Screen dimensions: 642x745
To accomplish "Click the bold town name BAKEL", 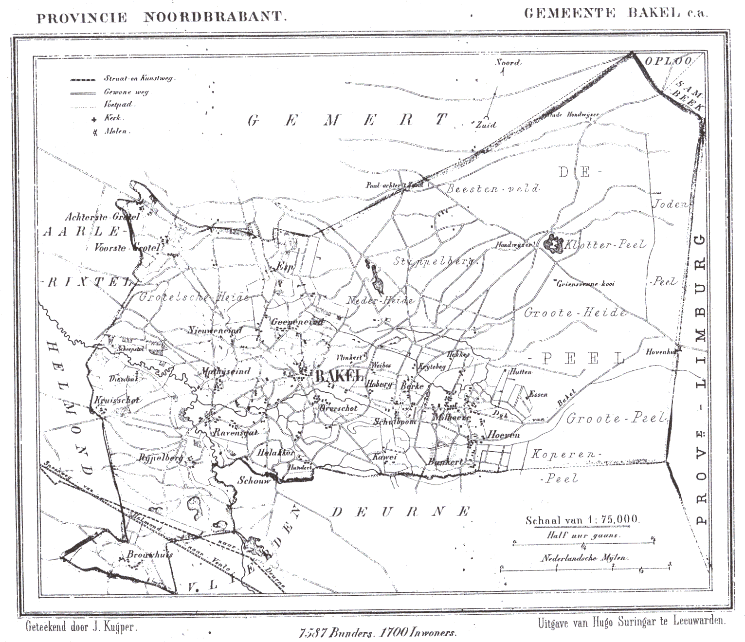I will pyautogui.click(x=339, y=376).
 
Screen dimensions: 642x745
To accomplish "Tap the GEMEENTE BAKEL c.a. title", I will pyautogui.click(x=615, y=13).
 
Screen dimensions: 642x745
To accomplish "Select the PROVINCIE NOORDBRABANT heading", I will pyautogui.click(x=162, y=18).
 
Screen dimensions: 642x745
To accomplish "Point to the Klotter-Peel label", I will pyautogui.click(x=604, y=245).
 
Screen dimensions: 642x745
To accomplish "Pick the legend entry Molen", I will pyautogui.click(x=115, y=131).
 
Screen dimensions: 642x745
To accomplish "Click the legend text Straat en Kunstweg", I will pyautogui.click(x=139, y=78).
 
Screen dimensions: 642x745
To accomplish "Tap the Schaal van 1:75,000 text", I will pyautogui.click(x=582, y=520).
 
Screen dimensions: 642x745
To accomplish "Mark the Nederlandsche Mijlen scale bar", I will pyautogui.click(x=586, y=567).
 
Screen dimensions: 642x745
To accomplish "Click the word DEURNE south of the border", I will pyautogui.click(x=400, y=512).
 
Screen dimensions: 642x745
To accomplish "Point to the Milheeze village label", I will pyautogui.click(x=451, y=417).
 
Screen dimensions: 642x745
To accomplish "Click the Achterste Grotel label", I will pyautogui.click(x=102, y=217).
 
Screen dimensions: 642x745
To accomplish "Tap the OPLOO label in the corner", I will pyautogui.click(x=668, y=61).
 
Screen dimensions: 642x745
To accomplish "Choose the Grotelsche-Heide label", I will pyautogui.click(x=194, y=297).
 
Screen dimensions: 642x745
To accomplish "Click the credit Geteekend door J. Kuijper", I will pyautogui.click(x=81, y=627).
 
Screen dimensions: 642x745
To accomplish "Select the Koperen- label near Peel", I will pyautogui.click(x=563, y=454).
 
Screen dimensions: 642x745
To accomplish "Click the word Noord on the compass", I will pyautogui.click(x=508, y=62).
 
